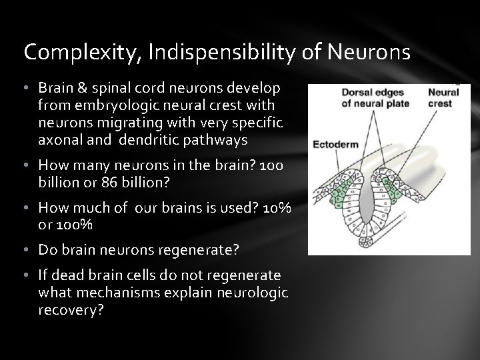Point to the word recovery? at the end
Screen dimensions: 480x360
(x=71, y=309)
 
